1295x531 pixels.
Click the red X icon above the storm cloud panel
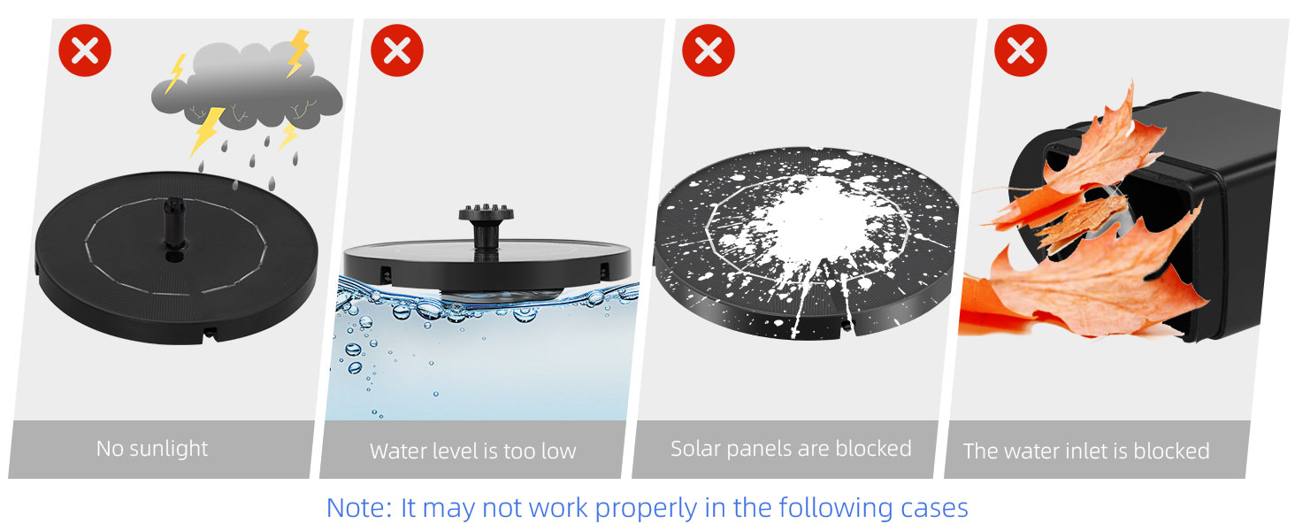tap(85, 51)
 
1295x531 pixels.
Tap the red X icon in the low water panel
tap(397, 51)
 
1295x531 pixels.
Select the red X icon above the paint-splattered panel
tap(709, 51)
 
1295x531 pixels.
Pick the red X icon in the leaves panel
tap(1021, 51)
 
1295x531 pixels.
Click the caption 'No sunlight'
tap(152, 449)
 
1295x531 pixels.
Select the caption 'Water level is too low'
tap(472, 450)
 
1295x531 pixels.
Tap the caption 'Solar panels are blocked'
tap(791, 449)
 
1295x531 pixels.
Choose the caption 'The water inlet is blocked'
tap(1086, 451)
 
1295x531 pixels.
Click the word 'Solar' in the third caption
tap(695, 449)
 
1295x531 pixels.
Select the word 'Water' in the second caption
tap(396, 450)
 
